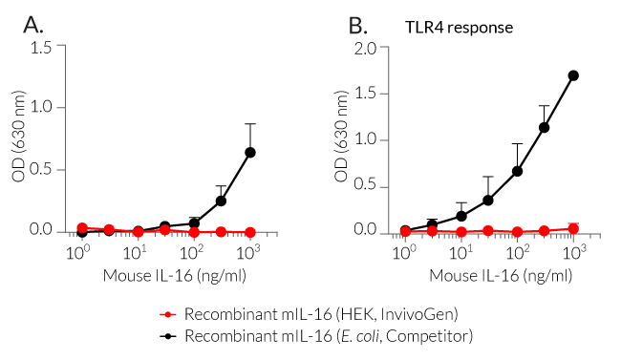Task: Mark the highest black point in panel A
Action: [250, 152]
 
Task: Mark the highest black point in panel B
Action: [573, 75]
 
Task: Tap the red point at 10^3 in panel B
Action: [573, 228]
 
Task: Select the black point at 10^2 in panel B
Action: [517, 171]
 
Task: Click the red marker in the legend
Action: [169, 313]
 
